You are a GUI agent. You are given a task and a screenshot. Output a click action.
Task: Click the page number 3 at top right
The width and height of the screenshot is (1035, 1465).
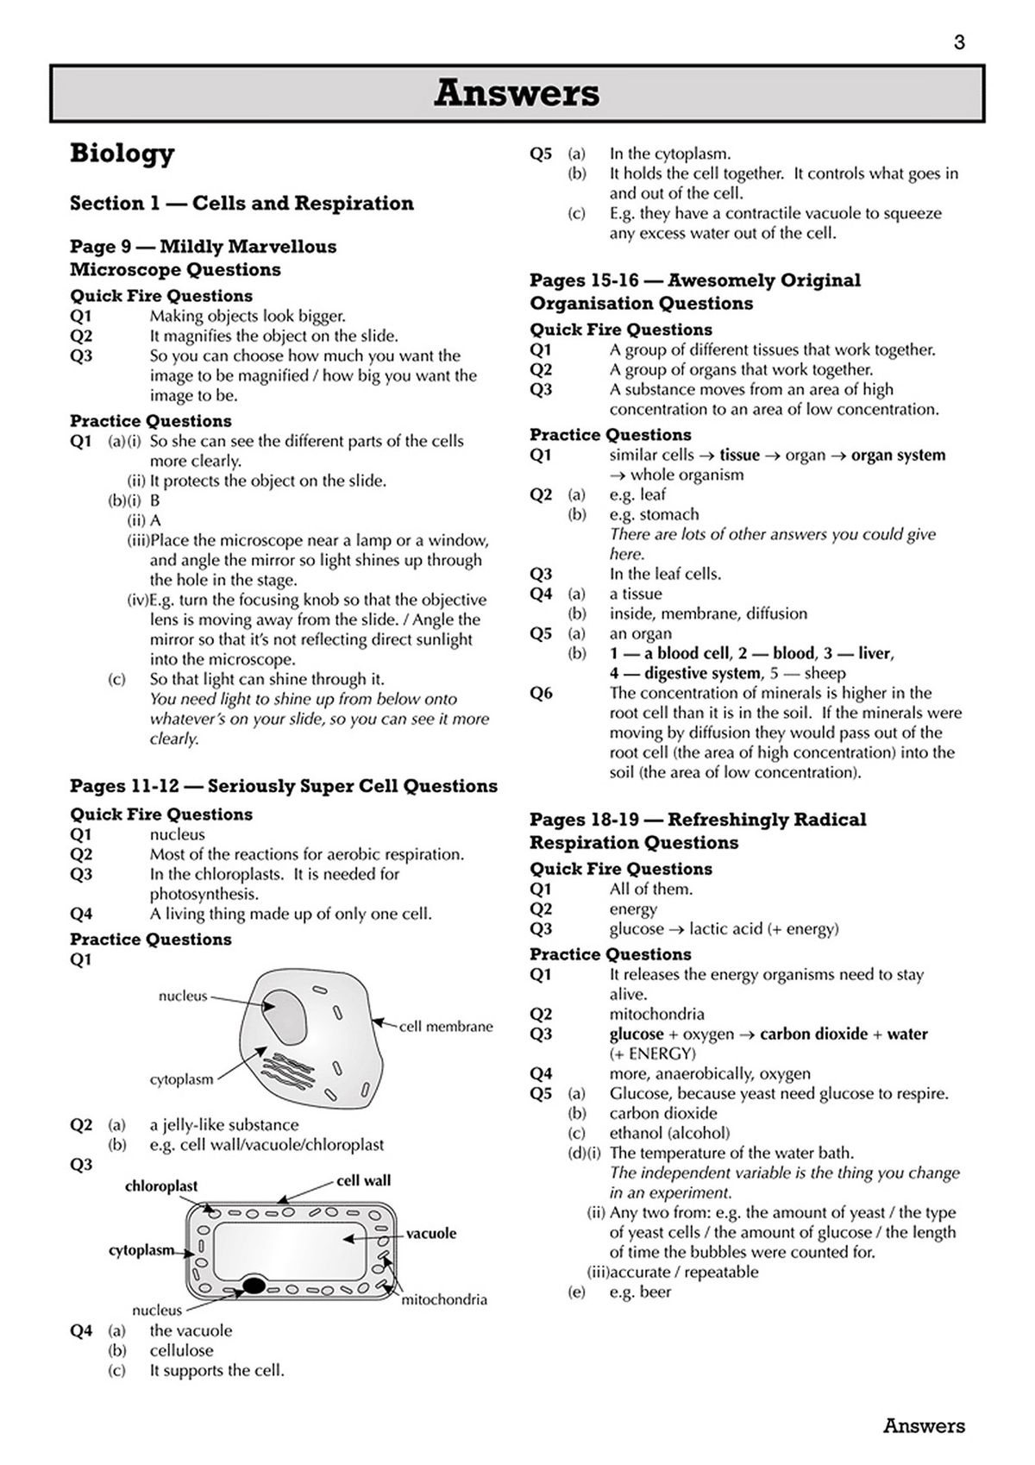pos(959,42)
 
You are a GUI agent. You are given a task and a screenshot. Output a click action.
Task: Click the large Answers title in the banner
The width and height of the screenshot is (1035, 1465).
pos(517,93)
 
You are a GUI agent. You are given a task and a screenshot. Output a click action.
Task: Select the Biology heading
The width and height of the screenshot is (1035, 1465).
pos(122,154)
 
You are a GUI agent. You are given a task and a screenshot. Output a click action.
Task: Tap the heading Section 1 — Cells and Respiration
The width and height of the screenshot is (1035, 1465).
pos(241,204)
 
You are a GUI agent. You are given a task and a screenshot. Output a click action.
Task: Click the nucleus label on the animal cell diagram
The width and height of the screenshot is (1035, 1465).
pos(183,996)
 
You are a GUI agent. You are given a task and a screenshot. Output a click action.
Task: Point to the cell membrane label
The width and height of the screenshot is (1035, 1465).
pos(446,1027)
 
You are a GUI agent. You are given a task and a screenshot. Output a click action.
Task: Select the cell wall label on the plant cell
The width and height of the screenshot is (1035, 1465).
pos(363,1180)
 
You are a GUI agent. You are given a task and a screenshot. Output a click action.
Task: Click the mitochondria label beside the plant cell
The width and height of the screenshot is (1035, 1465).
pos(444,1299)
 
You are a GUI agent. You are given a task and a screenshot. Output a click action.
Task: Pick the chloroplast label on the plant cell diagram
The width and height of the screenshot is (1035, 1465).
pos(161,1186)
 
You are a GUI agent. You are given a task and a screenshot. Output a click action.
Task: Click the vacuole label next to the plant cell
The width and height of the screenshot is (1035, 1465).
pos(431,1234)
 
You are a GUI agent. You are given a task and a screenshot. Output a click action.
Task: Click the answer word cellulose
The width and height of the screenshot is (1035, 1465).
pos(181,1350)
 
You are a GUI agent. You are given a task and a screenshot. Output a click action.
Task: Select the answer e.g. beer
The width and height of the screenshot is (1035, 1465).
pos(640,1292)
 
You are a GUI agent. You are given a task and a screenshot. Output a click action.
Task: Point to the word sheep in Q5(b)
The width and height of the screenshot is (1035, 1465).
pos(825,673)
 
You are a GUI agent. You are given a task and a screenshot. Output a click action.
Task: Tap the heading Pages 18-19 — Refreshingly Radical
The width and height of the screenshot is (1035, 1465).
pos(697,820)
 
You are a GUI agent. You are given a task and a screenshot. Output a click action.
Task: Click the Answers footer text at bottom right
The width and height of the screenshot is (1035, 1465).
pos(923,1426)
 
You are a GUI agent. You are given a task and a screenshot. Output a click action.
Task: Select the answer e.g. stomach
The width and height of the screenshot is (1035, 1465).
pos(654,514)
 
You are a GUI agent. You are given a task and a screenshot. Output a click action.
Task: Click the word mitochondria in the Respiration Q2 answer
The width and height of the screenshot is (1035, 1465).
pos(656,1014)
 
